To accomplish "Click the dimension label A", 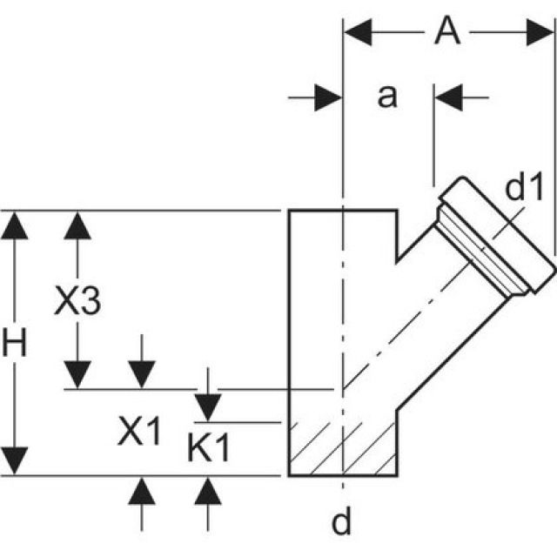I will pyautogui.click(x=446, y=32).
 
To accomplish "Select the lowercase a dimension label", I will pyautogui.click(x=386, y=97).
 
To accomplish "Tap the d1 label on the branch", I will pyautogui.click(x=524, y=188).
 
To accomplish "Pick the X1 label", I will pyautogui.click(x=140, y=431).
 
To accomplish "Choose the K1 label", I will pyautogui.click(x=209, y=448).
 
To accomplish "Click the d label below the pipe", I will pyautogui.click(x=343, y=521).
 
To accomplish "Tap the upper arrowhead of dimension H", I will pyautogui.click(x=15, y=225).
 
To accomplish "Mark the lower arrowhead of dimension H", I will pyautogui.click(x=15, y=461).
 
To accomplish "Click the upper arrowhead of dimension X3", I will pyautogui.click(x=77, y=225).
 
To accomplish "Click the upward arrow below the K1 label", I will pyautogui.click(x=207, y=493).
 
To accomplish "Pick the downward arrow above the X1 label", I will pyautogui.click(x=140, y=375).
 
